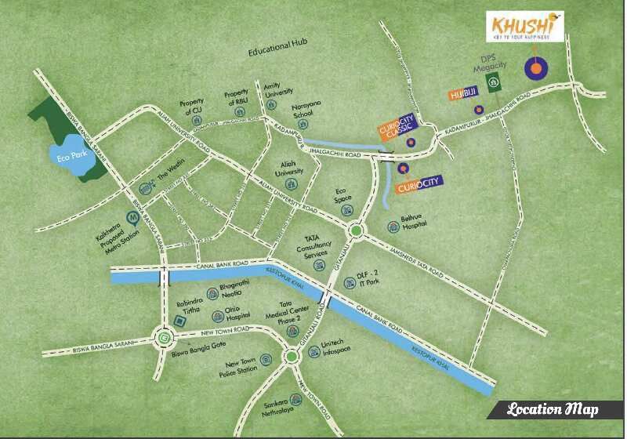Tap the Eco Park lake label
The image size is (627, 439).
[x=70, y=154]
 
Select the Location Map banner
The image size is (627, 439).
[x=553, y=409]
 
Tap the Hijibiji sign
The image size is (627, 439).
[x=463, y=95]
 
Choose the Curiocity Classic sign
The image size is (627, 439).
[x=398, y=125]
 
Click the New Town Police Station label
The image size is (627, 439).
[x=241, y=367]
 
